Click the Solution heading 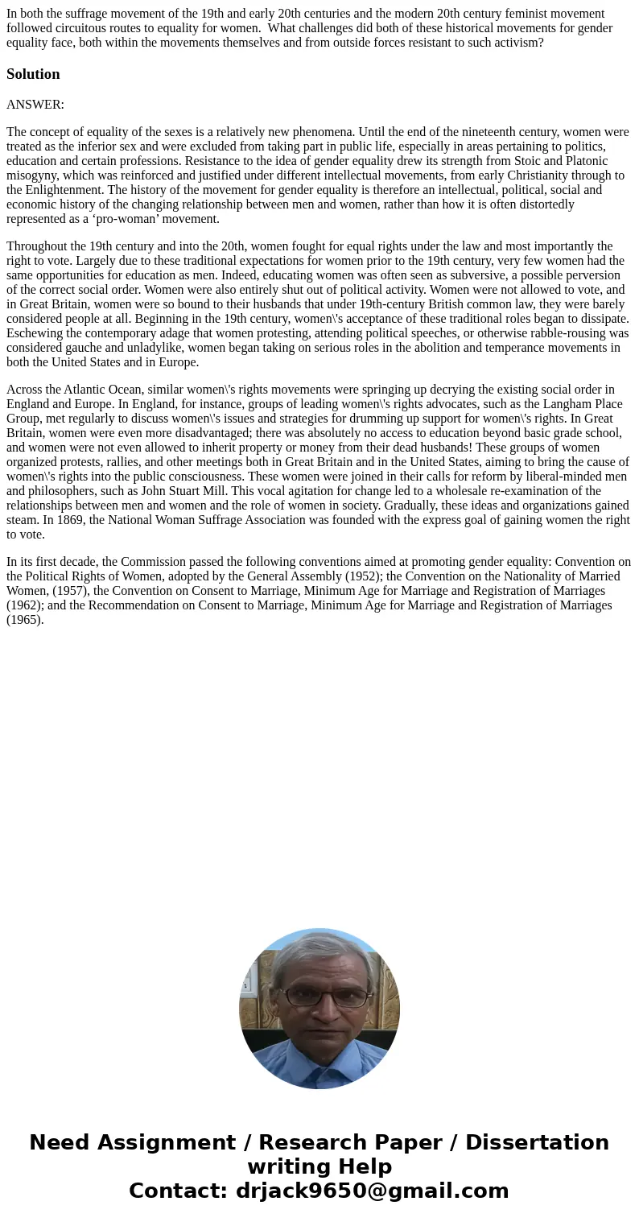tap(33, 74)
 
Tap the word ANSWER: tap(35, 104)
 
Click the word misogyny tap(31, 175)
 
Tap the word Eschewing tap(35, 333)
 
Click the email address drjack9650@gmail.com tap(372, 1191)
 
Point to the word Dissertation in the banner tap(537, 1142)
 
